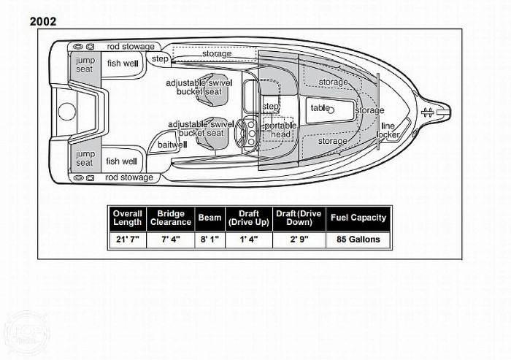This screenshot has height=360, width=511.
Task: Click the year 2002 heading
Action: [43, 21]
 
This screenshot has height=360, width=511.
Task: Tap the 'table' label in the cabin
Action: [320, 108]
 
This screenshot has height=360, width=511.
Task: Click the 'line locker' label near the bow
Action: [389, 131]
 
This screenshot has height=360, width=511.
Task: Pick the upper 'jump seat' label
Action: [85, 64]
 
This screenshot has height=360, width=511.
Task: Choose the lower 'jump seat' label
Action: [85, 158]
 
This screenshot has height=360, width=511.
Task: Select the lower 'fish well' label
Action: [121, 161]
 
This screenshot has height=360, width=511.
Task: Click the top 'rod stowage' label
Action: [130, 46]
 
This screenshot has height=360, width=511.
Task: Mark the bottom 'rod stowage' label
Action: [130, 177]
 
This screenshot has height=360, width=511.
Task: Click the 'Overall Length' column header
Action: [128, 218]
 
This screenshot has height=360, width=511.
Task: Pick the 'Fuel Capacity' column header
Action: [358, 218]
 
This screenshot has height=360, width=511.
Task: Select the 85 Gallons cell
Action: [358, 239]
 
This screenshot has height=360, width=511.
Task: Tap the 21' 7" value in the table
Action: [128, 239]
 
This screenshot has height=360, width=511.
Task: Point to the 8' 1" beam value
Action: [210, 239]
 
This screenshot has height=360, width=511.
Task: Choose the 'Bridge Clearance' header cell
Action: [170, 218]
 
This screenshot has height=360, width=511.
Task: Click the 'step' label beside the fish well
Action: [158, 58]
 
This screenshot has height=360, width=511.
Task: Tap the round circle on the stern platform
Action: [66, 112]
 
